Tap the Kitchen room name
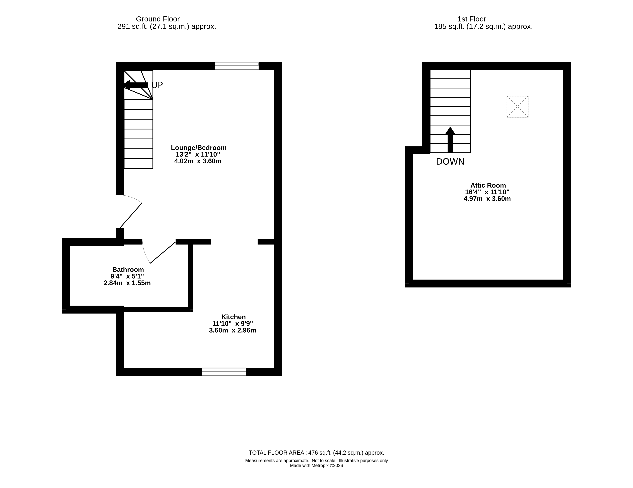[x=233, y=317]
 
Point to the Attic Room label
[x=488, y=185]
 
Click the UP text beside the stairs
[x=157, y=85]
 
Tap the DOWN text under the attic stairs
[x=450, y=162]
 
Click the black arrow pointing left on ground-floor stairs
[x=136, y=85]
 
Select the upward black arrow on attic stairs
[x=450, y=140]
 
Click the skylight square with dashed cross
[x=517, y=107]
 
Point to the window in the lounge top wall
[x=236, y=66]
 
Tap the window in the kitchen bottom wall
[x=224, y=372]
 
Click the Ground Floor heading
[x=158, y=19]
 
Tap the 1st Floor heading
[x=472, y=19]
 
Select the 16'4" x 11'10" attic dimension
[x=487, y=192]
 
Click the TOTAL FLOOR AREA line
[x=317, y=453]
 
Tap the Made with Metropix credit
[x=317, y=466]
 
